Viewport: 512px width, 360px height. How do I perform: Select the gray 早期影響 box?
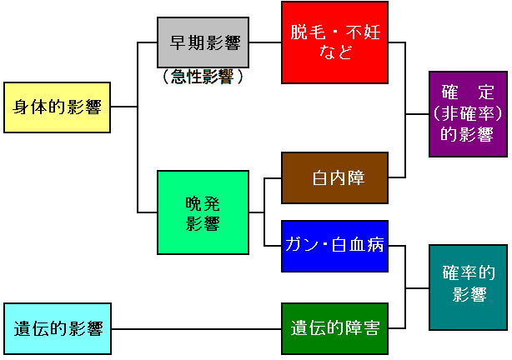204,42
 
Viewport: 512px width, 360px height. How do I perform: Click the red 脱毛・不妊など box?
334,42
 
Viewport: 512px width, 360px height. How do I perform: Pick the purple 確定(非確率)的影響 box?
468,114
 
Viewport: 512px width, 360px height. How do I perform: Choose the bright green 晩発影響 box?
203,212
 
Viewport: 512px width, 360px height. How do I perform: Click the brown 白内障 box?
334,178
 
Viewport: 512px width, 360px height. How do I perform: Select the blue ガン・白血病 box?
334,246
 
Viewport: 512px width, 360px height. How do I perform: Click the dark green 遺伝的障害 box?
334,328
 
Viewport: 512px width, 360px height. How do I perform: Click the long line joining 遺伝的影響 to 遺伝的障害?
196,328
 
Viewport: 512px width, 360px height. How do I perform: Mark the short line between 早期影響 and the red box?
266,42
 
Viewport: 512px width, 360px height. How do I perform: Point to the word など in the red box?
334,53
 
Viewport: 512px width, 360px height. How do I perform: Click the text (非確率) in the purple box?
468,114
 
